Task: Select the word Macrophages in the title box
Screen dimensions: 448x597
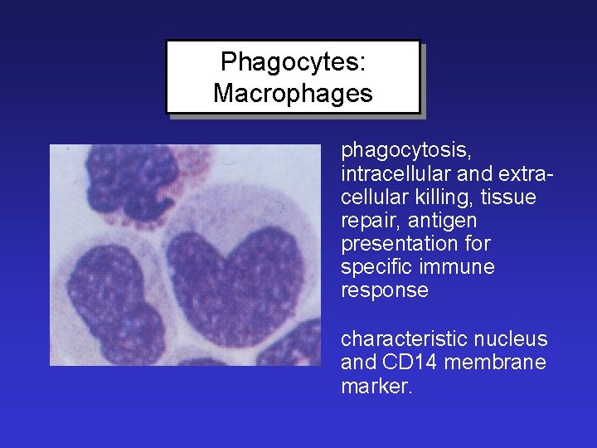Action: (x=293, y=94)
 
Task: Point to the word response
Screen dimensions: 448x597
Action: (x=385, y=291)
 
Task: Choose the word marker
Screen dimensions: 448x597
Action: (x=375, y=386)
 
